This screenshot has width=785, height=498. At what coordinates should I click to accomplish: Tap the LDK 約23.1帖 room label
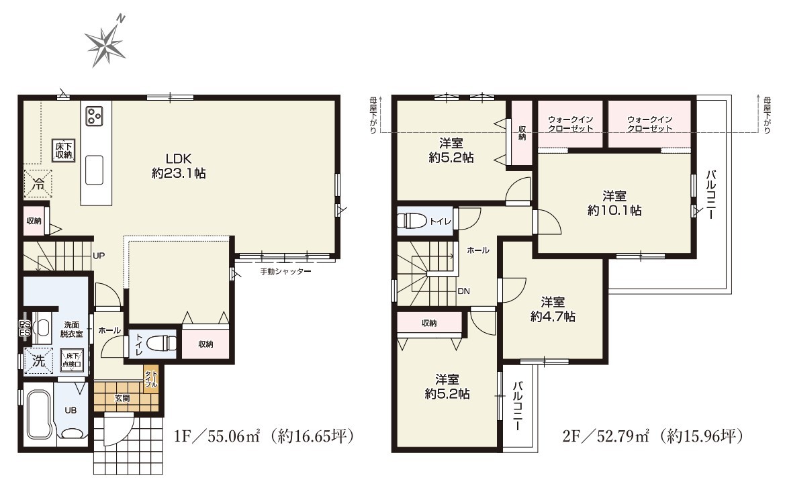[x=179, y=166]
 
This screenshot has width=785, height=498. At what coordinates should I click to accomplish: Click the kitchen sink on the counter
[x=95, y=170]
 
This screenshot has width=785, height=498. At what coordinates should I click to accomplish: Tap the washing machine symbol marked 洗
[x=38, y=360]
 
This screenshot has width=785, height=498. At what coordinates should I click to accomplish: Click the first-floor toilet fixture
[x=163, y=344]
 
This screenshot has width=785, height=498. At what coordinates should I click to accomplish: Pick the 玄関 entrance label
[x=122, y=399]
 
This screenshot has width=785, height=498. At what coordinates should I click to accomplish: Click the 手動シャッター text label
[x=285, y=272]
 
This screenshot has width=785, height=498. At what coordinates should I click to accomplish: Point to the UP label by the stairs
[x=99, y=256]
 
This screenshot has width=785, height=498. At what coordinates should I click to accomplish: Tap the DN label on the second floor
[x=463, y=291]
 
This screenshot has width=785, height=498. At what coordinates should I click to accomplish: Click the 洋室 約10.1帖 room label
[x=614, y=203]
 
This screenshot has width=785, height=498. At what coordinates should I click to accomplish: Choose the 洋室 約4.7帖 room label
[x=553, y=309]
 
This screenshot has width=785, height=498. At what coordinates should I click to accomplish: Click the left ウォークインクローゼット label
[x=570, y=123]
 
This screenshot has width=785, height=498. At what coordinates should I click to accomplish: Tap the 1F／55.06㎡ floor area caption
[x=264, y=436]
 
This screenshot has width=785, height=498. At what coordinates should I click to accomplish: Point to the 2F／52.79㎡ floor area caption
[x=652, y=436]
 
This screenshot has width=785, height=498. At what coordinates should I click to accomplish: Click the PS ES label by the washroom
[x=25, y=328]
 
